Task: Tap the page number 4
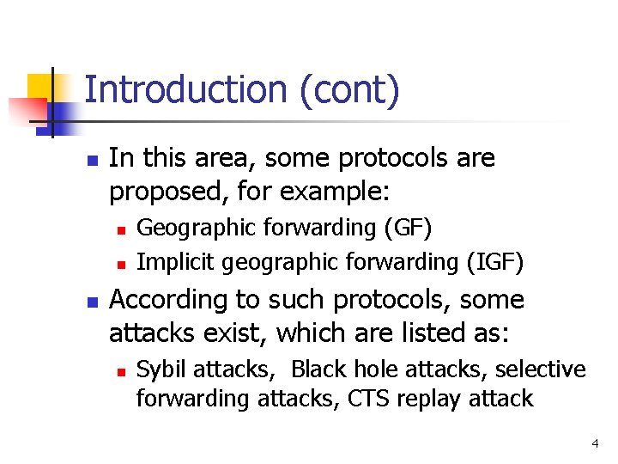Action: tap(595, 444)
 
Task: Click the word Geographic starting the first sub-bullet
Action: tap(185, 229)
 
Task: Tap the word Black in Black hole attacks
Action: tap(315, 369)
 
